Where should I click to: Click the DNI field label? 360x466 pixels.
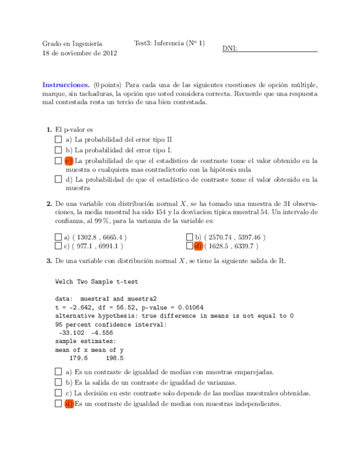point(230,49)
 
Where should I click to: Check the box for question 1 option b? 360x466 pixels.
point(58,150)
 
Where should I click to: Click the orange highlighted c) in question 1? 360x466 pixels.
point(69,160)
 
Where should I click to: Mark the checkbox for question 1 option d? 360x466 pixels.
point(58,179)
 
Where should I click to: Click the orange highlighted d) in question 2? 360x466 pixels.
point(199,246)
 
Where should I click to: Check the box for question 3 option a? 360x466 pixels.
point(58,371)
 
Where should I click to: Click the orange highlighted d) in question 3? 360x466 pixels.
point(69,404)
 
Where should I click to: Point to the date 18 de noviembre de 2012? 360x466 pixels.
point(80,53)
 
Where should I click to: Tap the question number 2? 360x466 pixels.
point(49,203)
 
